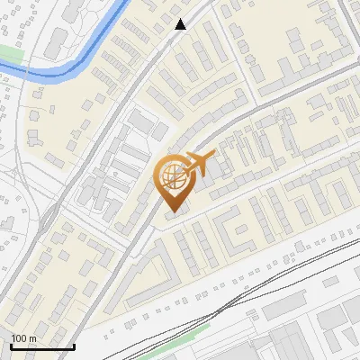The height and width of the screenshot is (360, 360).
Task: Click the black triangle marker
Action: pyautogui.click(x=181, y=24)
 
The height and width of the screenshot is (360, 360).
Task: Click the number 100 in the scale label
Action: pyautogui.click(x=20, y=338)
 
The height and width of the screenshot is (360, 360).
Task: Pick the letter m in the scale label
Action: pyautogui.click(x=32, y=338)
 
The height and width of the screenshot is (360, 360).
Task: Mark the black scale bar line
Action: pyautogui.click(x=41, y=346)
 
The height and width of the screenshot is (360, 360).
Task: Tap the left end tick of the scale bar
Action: pyautogui.click(x=11, y=345)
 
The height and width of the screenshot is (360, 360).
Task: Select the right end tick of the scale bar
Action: pyautogui.click(x=73, y=345)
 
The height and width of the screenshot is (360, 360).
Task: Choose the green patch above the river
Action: pyautogui.click(x=8, y=55)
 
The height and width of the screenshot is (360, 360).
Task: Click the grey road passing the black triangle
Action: pyautogui.click(x=153, y=54)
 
